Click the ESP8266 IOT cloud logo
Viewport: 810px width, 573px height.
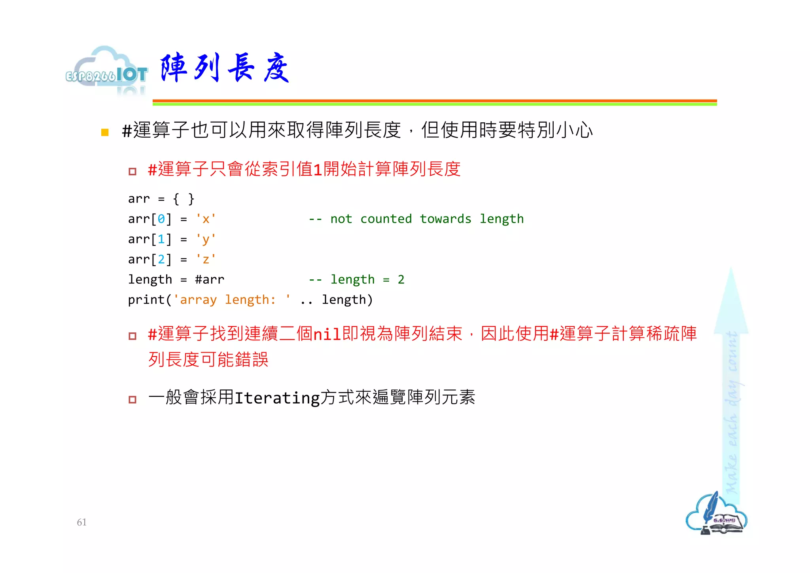tap(106, 71)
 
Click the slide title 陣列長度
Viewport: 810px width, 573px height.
tap(225, 68)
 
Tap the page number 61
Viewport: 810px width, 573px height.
tap(82, 522)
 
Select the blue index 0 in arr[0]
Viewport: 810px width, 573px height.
tap(161, 219)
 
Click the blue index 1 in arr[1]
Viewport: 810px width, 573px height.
tap(161, 239)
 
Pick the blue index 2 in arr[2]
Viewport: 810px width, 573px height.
tap(161, 259)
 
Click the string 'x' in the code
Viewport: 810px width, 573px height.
tap(206, 219)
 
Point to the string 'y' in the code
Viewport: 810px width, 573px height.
tap(206, 239)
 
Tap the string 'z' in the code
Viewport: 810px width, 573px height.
tap(206, 259)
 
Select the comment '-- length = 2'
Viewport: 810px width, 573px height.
tap(356, 279)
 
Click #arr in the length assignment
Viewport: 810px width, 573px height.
tap(210, 279)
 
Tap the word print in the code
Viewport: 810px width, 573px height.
tap(146, 300)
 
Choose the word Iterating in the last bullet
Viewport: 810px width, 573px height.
tap(277, 398)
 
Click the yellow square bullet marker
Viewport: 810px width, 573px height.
tap(105, 132)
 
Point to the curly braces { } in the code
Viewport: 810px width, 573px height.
tap(184, 199)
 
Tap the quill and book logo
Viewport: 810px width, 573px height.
tap(716, 514)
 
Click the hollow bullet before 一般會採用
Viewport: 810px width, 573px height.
tap(132, 399)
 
